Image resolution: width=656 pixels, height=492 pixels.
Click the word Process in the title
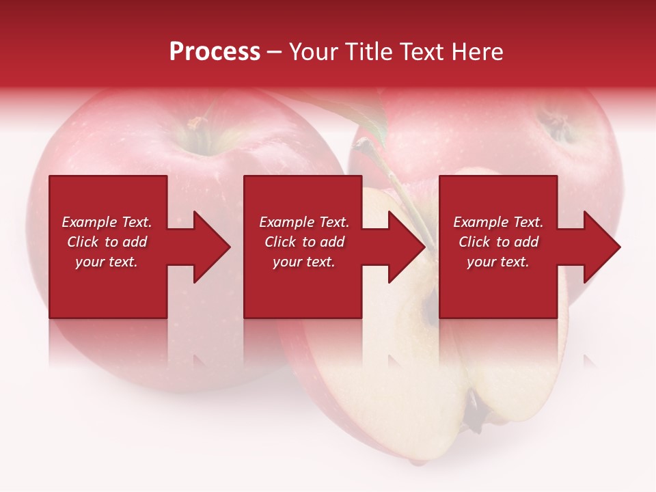tap(215, 52)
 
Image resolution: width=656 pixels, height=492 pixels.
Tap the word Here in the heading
tap(477, 52)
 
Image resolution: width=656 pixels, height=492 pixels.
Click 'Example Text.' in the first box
tap(107, 222)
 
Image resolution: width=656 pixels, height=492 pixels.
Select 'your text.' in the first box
tap(107, 262)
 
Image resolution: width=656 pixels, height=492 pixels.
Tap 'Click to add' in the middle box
tap(304, 242)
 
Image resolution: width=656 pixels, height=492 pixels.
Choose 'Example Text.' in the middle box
tap(304, 222)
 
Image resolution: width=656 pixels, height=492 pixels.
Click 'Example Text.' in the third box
tap(498, 222)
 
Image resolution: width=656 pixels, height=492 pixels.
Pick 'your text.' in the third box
tap(498, 262)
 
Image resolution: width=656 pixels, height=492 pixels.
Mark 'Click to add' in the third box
tap(498, 242)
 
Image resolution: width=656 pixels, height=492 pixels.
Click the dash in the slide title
tap(275, 52)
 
